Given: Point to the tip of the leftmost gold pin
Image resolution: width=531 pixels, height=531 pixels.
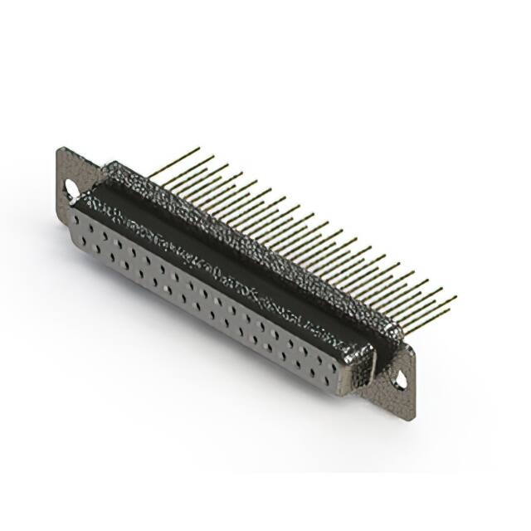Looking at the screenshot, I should click(x=199, y=149).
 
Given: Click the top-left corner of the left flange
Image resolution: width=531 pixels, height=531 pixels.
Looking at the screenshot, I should click(x=60, y=149).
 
